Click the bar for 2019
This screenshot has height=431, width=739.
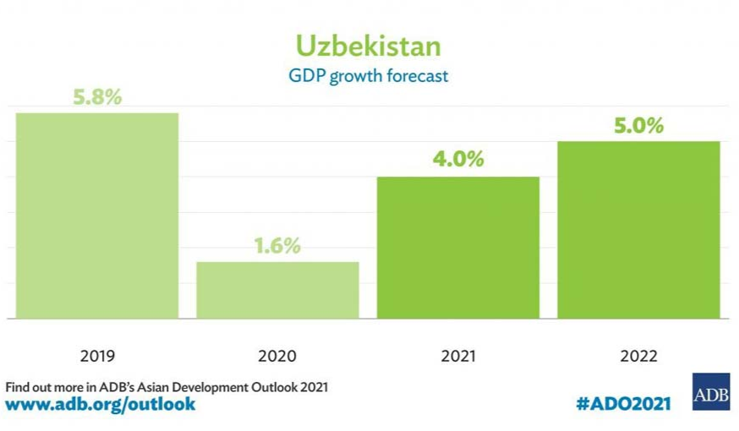click(x=97, y=215)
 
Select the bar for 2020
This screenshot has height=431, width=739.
click(x=277, y=290)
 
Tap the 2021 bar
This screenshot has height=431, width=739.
click(x=457, y=248)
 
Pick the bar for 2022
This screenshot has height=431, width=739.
click(x=638, y=230)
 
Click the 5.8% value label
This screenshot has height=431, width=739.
click(x=97, y=97)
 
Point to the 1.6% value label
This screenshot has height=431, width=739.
click(x=277, y=246)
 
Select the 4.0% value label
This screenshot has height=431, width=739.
click(x=458, y=159)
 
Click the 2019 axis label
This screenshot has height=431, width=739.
click(x=97, y=356)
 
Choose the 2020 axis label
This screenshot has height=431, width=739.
click(x=277, y=356)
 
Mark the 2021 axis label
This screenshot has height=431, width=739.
click(x=458, y=356)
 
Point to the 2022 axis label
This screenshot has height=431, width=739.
click(x=638, y=356)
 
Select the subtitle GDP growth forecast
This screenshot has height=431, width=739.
click(x=368, y=76)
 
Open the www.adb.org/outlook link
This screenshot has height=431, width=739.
click(x=101, y=404)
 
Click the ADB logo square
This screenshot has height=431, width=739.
click(x=710, y=392)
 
